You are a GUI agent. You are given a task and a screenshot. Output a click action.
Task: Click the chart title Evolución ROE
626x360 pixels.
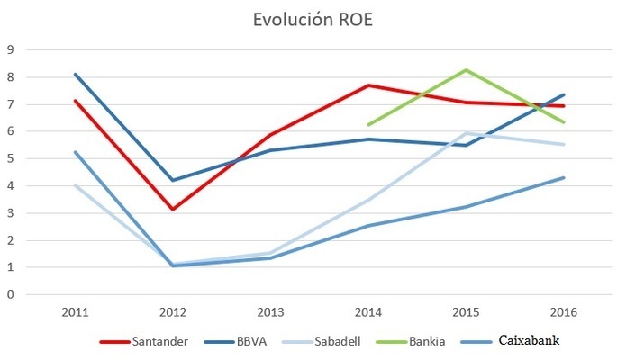point(313,21)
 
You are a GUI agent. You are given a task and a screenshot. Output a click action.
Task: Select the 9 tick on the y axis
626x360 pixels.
point(11,49)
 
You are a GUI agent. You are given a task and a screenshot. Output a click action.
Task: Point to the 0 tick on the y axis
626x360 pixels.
point(11,294)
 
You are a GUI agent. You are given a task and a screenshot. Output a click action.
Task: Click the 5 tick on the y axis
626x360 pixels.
point(11,158)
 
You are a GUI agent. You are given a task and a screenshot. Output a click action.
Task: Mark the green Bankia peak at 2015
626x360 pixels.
point(466,70)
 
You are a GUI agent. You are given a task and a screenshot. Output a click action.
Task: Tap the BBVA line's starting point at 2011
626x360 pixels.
point(75,74)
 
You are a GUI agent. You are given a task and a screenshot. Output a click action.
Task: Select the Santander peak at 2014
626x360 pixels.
point(367,85)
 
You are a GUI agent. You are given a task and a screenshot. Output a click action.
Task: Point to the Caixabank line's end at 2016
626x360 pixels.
point(564,177)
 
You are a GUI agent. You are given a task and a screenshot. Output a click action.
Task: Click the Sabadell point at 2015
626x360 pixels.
point(466,133)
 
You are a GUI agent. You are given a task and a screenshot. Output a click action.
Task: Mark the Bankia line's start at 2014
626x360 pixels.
point(367,125)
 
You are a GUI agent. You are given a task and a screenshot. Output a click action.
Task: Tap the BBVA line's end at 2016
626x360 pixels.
point(564,94)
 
